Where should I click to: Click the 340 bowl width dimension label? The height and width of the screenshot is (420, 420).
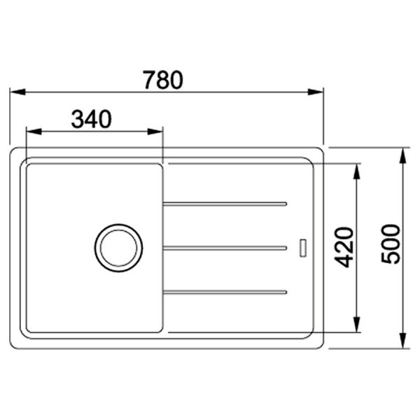tap(92, 120)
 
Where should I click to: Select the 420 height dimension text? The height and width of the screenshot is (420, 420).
tap(344, 246)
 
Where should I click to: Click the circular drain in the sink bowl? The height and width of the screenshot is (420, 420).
tap(118, 248)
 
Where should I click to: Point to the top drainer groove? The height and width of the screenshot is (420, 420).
tap(225, 204)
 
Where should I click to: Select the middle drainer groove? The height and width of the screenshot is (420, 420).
tap(225, 247)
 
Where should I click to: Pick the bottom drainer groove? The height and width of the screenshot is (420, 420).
tap(225, 290)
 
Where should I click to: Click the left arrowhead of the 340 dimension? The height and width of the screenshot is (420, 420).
tap(31, 131)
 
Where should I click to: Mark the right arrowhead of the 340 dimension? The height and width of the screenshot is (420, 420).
tap(157, 131)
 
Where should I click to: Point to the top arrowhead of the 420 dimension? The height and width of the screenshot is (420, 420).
tap(357, 170)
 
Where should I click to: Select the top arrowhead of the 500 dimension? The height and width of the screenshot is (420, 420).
tap(404, 155)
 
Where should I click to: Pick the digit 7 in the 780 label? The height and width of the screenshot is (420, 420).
tap(149, 80)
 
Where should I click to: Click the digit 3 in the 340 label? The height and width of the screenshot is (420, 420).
tap(78, 120)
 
